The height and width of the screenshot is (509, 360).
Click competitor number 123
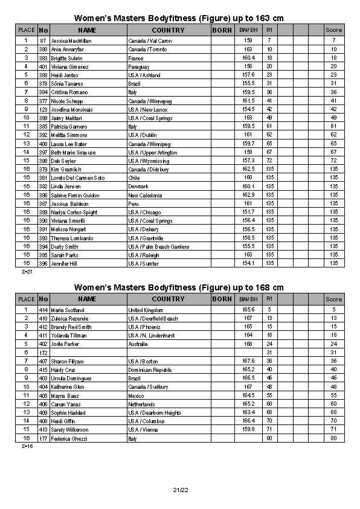point(43,109)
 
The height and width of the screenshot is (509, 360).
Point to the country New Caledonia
point(145,196)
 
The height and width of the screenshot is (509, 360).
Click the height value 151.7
point(248,213)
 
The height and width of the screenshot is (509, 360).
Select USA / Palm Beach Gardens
point(159,247)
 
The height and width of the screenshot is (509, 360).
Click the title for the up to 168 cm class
point(179,287)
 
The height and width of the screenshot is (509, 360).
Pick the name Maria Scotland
point(68,310)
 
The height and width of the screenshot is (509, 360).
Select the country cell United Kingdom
point(146,310)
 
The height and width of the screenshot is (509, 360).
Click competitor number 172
point(43,353)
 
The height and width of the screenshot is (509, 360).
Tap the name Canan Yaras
point(65,404)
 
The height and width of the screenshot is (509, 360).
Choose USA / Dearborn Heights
point(155,413)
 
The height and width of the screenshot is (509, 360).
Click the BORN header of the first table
point(222,30)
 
